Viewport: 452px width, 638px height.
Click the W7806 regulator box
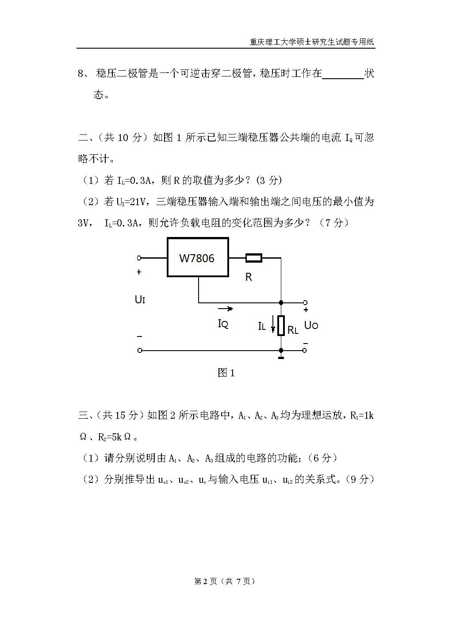coord(198,257)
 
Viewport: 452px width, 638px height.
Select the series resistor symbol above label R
coord(253,258)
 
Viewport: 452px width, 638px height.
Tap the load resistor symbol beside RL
coord(281,326)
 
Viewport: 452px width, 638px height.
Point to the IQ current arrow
coord(225,309)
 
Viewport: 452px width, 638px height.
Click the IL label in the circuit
coord(262,326)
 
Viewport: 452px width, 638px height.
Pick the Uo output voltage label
coord(311,325)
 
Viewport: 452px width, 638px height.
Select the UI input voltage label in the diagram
coord(140,299)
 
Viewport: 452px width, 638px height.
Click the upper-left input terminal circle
coord(139,258)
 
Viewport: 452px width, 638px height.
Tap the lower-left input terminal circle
coord(140,351)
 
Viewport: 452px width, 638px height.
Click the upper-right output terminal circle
coord(305,303)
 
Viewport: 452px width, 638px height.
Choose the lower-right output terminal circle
coord(305,351)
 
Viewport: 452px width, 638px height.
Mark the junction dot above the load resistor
coord(281,303)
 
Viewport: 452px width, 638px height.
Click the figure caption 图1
coord(226,373)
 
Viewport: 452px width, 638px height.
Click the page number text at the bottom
coord(225,581)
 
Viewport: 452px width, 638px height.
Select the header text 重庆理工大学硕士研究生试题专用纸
coord(312,42)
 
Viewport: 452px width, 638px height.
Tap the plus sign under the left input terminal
coord(139,272)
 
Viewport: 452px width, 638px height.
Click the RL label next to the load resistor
coord(293,330)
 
